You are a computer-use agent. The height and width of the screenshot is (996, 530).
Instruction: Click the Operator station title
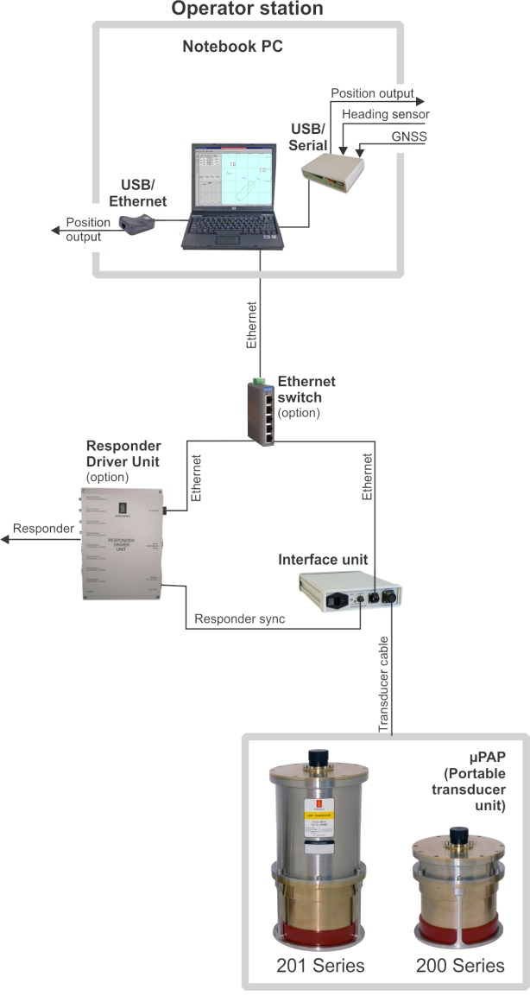coord(247,10)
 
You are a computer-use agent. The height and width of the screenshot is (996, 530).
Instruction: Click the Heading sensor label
coord(385,114)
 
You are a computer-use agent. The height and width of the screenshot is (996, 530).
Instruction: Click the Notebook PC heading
coord(232,47)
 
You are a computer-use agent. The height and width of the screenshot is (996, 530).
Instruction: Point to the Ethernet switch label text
coord(306,389)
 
